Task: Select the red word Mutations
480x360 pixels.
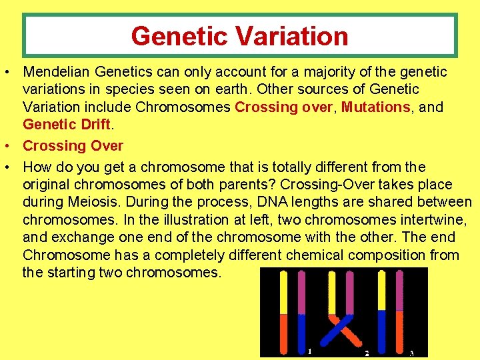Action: point(375,107)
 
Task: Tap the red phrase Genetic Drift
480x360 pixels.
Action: point(65,124)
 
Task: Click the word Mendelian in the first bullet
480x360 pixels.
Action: point(57,72)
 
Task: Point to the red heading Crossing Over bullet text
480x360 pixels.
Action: point(73,145)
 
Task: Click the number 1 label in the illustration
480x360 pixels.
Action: point(309,351)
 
